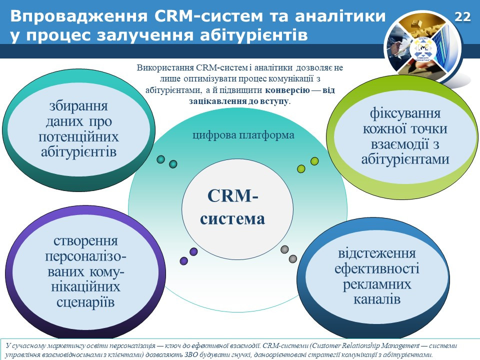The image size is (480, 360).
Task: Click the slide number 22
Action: point(462,17)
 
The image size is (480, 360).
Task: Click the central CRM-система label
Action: point(232,207)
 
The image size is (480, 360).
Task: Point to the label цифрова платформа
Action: point(243,135)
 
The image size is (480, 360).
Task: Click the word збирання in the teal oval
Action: point(78,106)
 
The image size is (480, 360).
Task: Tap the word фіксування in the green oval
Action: point(405,113)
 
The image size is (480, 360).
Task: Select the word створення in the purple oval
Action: point(85,241)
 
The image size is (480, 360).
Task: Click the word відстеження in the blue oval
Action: point(377,253)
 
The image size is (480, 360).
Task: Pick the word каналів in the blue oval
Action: point(377,299)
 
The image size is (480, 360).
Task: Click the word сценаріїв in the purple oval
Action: point(85,302)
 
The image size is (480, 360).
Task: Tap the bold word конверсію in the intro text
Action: point(287,90)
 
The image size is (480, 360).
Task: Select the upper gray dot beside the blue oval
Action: point(284,249)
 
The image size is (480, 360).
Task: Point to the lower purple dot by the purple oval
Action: point(183,261)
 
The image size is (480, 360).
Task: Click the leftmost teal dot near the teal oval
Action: point(160,159)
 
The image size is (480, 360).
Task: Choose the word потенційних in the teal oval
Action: point(78,137)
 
